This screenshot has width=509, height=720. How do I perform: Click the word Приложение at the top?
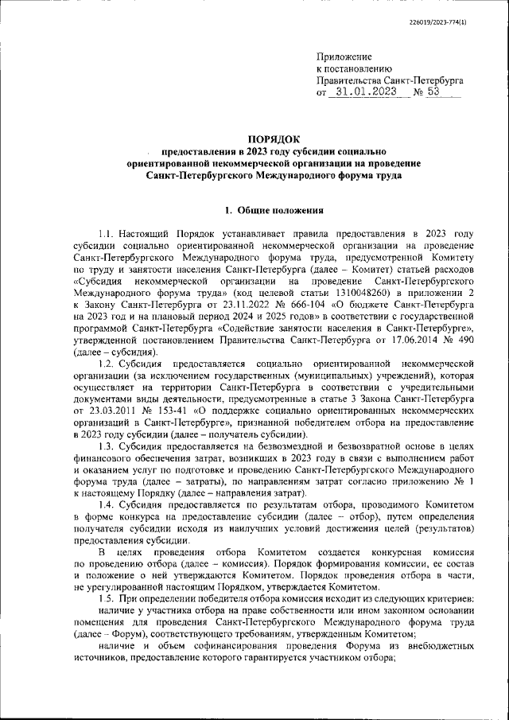344,57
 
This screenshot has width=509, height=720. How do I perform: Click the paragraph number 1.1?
107,234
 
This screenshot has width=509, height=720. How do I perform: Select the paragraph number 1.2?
107,364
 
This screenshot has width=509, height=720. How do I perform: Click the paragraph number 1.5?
107,598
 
